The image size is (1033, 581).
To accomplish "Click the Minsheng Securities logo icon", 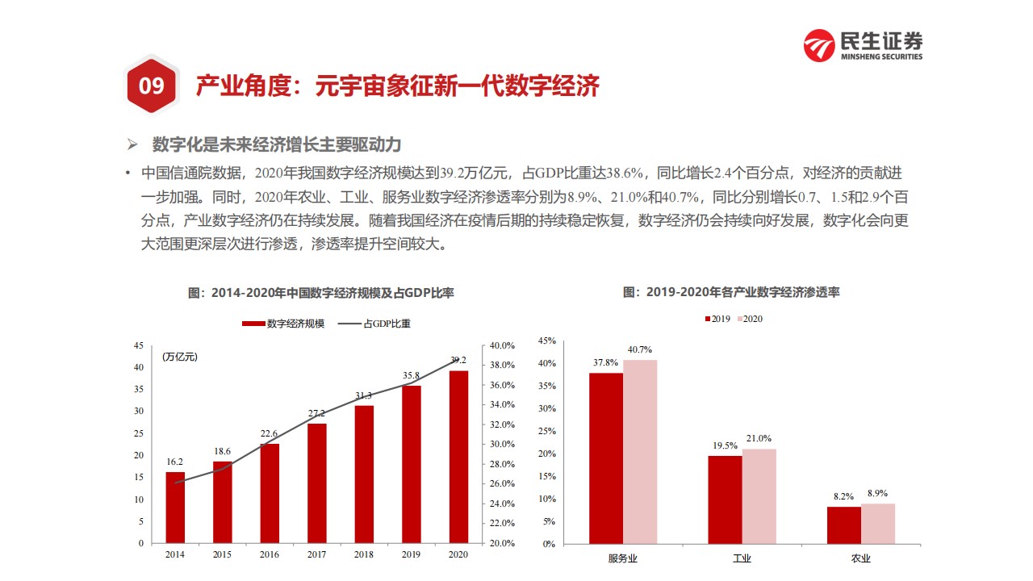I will (819, 45).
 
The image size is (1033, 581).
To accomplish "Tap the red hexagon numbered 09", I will (152, 86).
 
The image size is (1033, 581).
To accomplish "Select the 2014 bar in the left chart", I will (175, 508).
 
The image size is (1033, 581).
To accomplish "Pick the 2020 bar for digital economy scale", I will (458, 457).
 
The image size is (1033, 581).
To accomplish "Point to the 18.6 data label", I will (222, 452).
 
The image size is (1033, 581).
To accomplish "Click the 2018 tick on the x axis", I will (364, 554).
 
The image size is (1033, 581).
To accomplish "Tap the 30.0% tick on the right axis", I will (501, 445).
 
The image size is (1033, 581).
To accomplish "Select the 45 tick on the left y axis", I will (138, 345).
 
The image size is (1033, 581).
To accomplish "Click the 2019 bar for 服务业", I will (605, 458).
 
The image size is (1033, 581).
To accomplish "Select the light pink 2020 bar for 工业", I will (759, 495).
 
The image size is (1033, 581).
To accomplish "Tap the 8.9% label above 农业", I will (878, 493).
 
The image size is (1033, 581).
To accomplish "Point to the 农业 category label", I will (860, 558).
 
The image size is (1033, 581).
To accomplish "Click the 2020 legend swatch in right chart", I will (737, 319).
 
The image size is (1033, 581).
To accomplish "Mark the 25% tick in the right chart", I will (547, 431).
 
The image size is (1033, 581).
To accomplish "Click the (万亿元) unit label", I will (179, 357).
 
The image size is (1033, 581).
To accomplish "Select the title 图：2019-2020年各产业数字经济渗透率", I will (731, 292).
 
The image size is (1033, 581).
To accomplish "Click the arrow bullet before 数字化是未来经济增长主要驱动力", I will (133, 145).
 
